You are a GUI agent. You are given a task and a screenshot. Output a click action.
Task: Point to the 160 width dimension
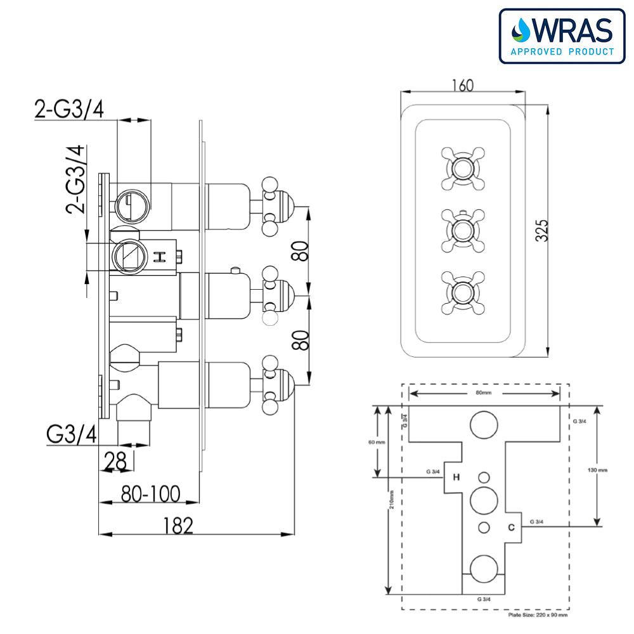coord(462,85)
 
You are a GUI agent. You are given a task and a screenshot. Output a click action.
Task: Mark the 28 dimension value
coord(115,461)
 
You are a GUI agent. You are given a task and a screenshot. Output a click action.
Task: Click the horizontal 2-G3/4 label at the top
coord(69,109)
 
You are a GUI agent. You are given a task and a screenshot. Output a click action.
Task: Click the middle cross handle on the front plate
coord(462,230)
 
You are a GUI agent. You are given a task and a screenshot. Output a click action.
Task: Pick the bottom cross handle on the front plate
coord(462,291)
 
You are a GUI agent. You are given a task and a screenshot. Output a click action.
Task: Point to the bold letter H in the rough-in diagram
coord(456,477)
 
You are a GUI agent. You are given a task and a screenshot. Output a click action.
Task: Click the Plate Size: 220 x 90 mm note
coord(538,614)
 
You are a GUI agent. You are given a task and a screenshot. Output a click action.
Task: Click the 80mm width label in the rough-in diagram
coord(484,393)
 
